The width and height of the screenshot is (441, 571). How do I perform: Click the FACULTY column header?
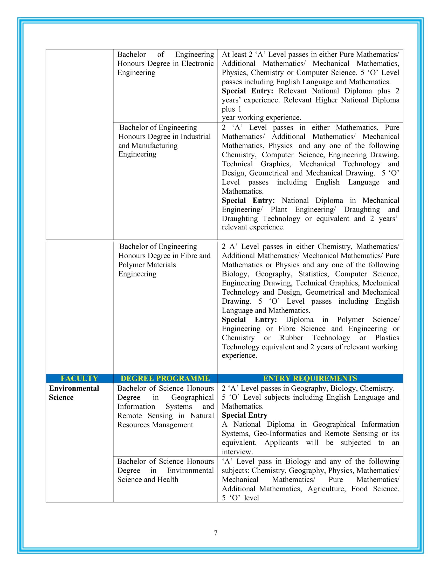pos(79,378)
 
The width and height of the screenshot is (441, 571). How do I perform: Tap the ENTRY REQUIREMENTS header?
pos(310,378)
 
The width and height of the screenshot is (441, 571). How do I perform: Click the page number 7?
pos(216,533)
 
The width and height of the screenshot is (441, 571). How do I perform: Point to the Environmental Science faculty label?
pos(74,393)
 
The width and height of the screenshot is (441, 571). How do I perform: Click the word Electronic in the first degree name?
pos(197,64)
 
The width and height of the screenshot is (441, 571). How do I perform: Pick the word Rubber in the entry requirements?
pos(291,338)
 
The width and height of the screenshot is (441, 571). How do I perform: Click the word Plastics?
pos(387,338)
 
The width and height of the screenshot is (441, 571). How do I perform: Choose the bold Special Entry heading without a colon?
pos(245,415)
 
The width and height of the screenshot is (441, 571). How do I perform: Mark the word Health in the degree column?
pos(168,479)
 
